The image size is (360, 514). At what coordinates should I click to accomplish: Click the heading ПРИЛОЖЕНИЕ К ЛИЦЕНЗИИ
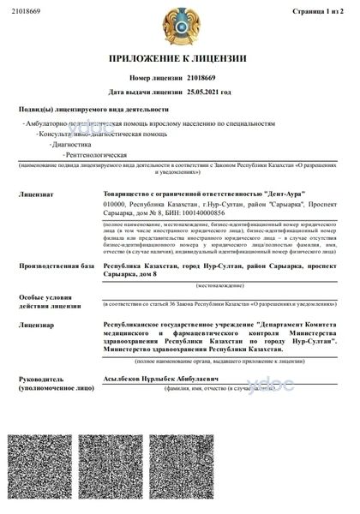pyautogui.click(x=179, y=58)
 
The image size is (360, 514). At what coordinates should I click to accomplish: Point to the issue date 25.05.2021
pyautogui.click(x=214, y=90)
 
